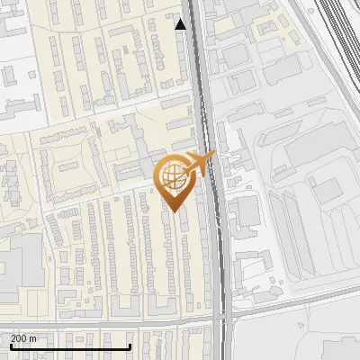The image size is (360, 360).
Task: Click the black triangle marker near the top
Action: pos(181,24)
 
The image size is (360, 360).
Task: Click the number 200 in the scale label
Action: pos(19,338)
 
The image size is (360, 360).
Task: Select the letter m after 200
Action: pos(33,338)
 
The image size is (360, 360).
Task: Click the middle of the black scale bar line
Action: pos(69,346)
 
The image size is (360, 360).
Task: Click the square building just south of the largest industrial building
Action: pos(325,190)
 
